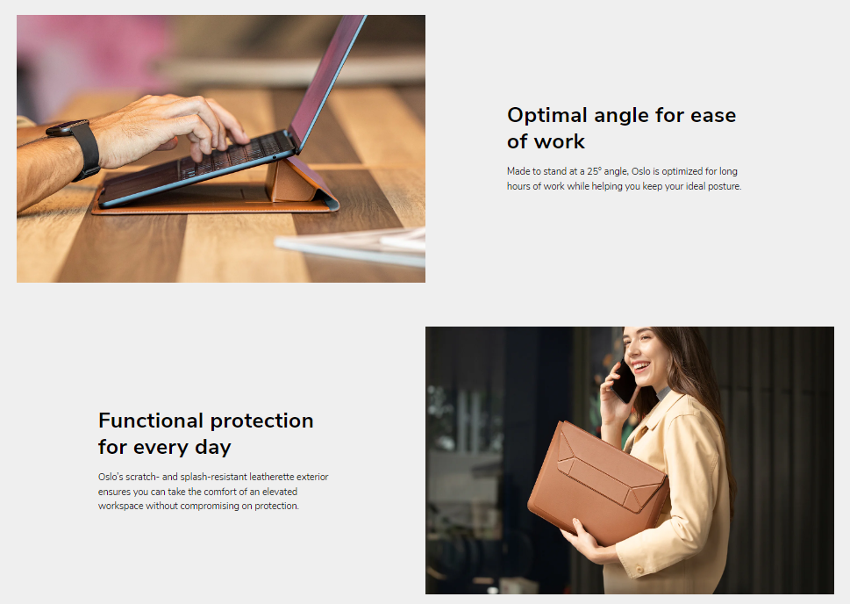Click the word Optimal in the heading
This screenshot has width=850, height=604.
coord(547,115)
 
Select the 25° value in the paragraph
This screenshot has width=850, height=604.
coord(594,171)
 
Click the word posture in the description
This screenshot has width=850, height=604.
coord(724,187)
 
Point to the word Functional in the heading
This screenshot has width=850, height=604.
coord(151,421)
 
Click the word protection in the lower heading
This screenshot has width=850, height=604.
coord(261,421)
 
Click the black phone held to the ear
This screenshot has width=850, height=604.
coord(624,381)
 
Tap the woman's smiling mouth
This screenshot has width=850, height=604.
coord(640,367)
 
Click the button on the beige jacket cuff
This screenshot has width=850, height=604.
coord(639,570)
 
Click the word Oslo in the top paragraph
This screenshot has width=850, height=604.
coord(640,171)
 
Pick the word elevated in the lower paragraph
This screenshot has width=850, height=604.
coord(280,492)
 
